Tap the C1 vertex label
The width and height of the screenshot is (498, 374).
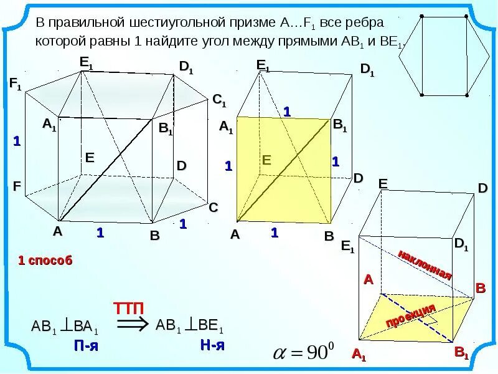pyautogui.click(x=219, y=100)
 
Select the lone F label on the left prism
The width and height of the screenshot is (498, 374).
pyautogui.click(x=17, y=186)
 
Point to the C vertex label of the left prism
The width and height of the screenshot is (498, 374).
pyautogui.click(x=213, y=208)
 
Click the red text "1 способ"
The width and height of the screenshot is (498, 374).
pyautogui.click(x=45, y=261)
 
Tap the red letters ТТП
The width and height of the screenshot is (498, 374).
pyautogui.click(x=129, y=308)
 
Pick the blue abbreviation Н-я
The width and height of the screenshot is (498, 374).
pyautogui.click(x=212, y=345)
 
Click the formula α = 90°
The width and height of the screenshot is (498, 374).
pyautogui.click(x=304, y=352)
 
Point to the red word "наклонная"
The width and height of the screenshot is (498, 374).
pyautogui.click(x=425, y=264)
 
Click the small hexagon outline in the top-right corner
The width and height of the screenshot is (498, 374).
pyautogui.click(x=443, y=55)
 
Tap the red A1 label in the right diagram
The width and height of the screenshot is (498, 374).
pyautogui.click(x=359, y=355)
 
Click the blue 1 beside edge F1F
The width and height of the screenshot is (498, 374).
pyautogui.click(x=17, y=142)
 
